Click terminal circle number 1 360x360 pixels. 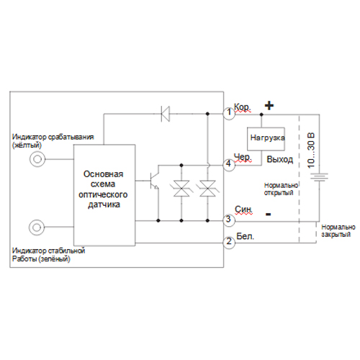point(229,113)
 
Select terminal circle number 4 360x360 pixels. point(229,165)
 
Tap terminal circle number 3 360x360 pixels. point(229,220)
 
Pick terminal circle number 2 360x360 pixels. point(229,243)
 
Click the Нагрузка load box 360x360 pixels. point(266,139)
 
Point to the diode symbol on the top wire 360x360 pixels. point(165,114)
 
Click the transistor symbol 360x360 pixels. point(153,181)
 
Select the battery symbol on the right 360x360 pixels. point(319,177)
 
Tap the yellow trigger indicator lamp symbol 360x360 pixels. point(37,159)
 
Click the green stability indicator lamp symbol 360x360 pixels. point(37,227)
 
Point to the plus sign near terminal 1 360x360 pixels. point(269,106)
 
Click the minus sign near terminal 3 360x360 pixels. point(269,214)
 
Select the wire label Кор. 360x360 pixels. point(243,107)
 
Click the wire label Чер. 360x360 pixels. point(243,158)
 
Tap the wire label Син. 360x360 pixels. point(243,210)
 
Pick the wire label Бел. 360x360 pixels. point(245,236)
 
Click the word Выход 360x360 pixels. point(280,159)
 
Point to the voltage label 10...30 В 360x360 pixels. point(311,150)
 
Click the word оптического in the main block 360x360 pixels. point(103,194)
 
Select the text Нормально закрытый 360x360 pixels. point(338,230)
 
